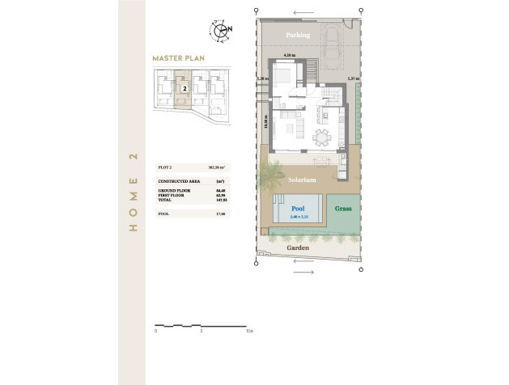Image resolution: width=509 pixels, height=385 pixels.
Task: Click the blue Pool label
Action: (x=299, y=209)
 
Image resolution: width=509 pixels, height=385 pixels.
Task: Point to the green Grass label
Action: (x=343, y=209)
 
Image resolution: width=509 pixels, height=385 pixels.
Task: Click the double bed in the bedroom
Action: (x=284, y=78)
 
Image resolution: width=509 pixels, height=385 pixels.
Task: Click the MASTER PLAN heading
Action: (x=179, y=58)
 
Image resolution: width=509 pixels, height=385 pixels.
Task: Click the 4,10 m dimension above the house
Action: (x=290, y=55)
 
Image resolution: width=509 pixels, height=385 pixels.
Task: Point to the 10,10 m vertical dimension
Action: (x=266, y=121)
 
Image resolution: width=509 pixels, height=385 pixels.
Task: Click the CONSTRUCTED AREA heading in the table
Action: (x=175, y=181)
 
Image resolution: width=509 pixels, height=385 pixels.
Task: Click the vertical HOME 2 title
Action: (x=134, y=192)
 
